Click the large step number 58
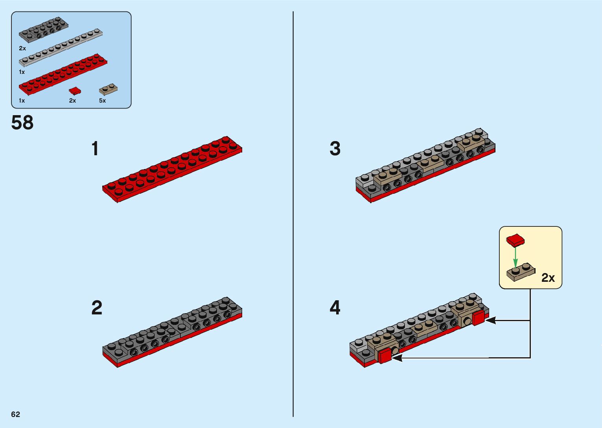(x=22, y=123)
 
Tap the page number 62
(x=16, y=414)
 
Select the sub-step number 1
(x=95, y=149)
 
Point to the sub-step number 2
(x=97, y=308)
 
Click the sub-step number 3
(x=335, y=149)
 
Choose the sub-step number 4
(x=335, y=308)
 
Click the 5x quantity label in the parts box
(x=102, y=101)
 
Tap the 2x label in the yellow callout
(x=548, y=278)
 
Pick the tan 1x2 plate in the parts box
(x=108, y=89)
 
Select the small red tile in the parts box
(x=75, y=91)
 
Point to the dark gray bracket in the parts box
(x=43, y=29)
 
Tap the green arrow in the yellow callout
(x=515, y=257)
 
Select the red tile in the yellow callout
(x=515, y=240)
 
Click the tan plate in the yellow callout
(x=520, y=272)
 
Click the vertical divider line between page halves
(x=293, y=214)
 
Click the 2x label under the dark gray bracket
(x=22, y=48)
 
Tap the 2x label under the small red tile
(x=72, y=101)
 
